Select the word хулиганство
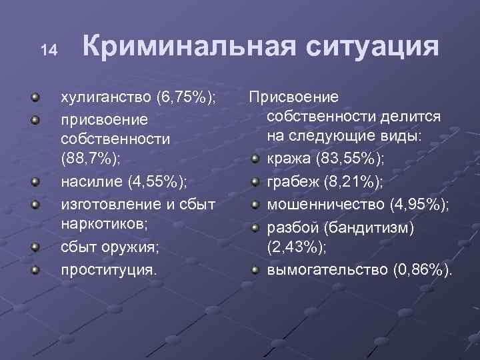[105, 99]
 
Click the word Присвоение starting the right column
[294, 97]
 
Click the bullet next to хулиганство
[35, 99]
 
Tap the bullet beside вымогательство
[255, 270]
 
